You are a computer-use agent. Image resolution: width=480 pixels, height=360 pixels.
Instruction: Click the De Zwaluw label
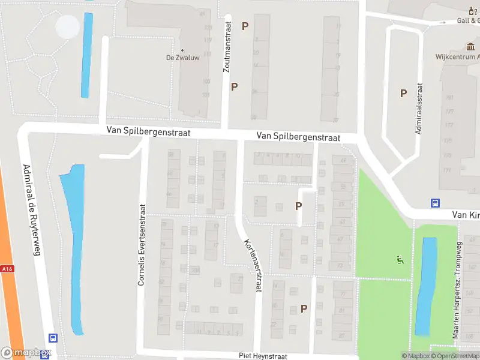[x=183, y=58]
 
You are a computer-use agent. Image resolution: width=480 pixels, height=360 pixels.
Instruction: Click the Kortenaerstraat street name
[x=253, y=265]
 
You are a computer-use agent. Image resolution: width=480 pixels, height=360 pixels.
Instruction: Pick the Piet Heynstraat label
[x=263, y=356]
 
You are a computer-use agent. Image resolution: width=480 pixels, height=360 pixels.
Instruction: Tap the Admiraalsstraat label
[x=419, y=109]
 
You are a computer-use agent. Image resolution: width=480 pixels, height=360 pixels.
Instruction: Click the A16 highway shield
[x=7, y=269]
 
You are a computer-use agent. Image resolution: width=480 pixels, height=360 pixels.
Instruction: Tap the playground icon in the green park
[x=400, y=260]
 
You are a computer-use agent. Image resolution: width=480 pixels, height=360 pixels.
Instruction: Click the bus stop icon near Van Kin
[x=435, y=203]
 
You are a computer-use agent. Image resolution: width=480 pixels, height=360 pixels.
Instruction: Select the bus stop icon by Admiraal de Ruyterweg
[x=53, y=338]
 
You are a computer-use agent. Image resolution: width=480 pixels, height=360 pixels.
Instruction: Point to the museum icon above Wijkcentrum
[x=470, y=47]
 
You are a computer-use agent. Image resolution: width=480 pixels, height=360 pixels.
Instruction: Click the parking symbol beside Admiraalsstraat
[x=404, y=93]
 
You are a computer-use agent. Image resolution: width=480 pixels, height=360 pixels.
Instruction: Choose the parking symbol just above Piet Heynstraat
[x=304, y=308]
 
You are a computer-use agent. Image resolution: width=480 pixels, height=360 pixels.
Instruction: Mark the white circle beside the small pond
[x=67, y=26]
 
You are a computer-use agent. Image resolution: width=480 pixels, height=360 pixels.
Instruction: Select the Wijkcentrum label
[x=457, y=57]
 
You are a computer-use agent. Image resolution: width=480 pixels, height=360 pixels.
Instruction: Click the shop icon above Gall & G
[x=470, y=10]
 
